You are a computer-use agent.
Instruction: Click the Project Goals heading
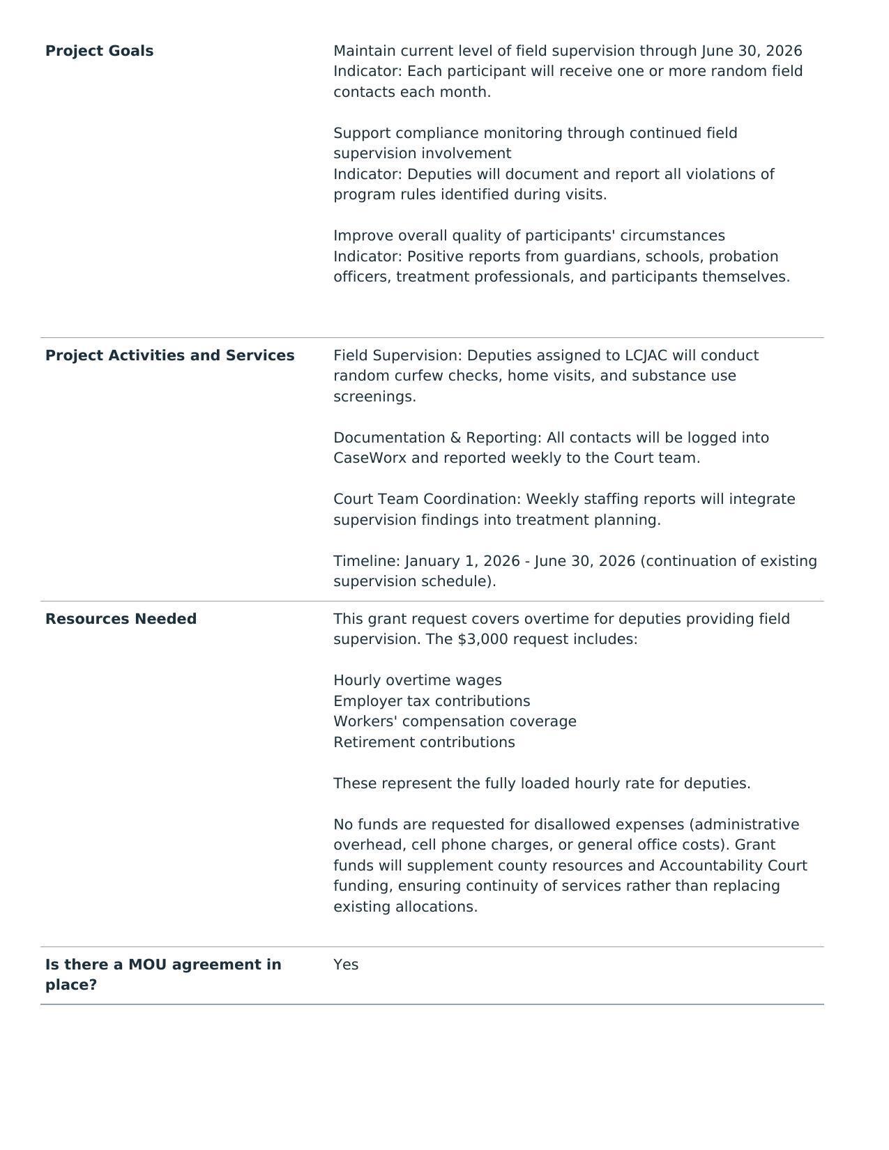pyautogui.click(x=99, y=51)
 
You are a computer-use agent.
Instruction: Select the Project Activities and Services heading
pyautogui.click(x=169, y=355)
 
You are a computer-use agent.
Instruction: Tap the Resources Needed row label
pyautogui.click(x=121, y=619)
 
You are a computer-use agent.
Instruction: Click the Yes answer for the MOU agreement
pyautogui.click(x=346, y=965)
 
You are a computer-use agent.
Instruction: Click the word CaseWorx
pyautogui.click(x=370, y=458)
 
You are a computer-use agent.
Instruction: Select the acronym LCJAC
pyautogui.click(x=646, y=355)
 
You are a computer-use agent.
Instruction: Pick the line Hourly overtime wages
pyautogui.click(x=417, y=680)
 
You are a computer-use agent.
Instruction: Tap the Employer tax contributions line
pyautogui.click(x=432, y=701)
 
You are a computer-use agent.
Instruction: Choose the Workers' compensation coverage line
pyautogui.click(x=455, y=721)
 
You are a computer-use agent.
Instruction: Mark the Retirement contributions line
pyautogui.click(x=424, y=742)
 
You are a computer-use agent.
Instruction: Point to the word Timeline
pyautogui.click(x=365, y=561)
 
